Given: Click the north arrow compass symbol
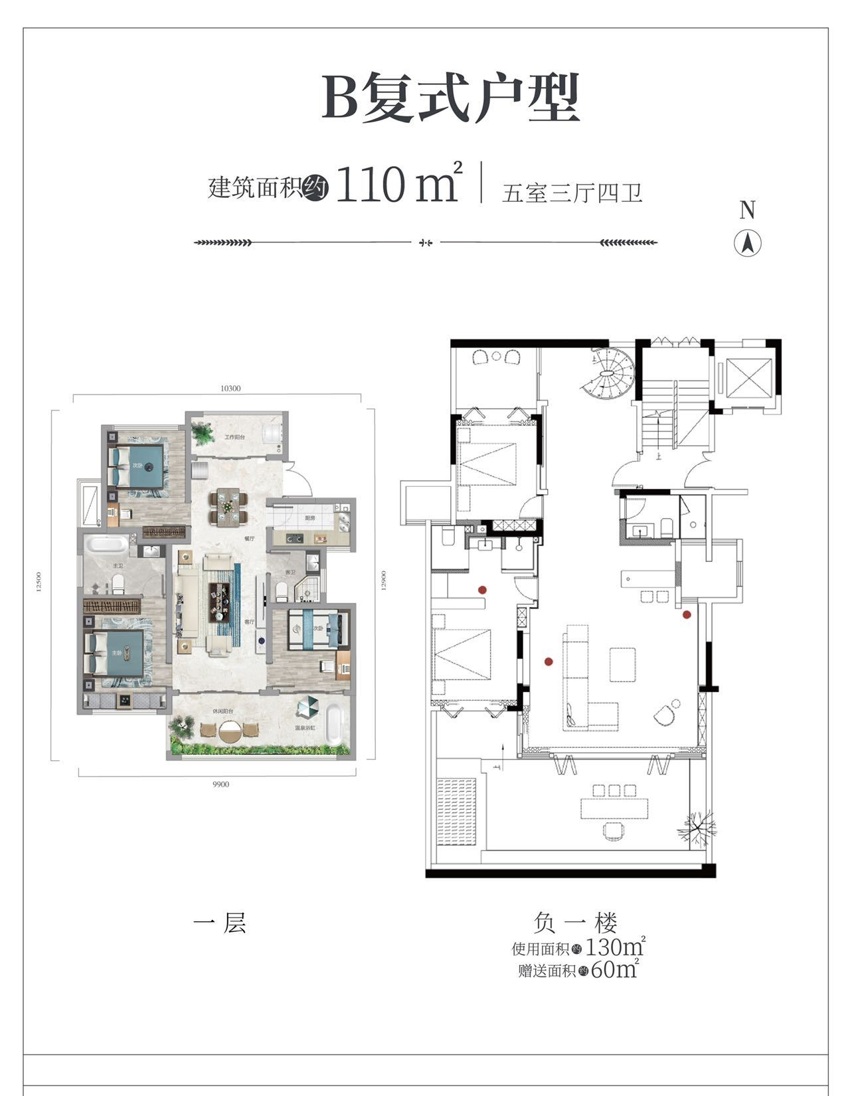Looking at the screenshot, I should pyautogui.click(x=747, y=244).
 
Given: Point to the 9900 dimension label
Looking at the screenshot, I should pyautogui.click(x=220, y=784).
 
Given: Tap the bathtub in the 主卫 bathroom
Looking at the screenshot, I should pyautogui.click(x=106, y=546).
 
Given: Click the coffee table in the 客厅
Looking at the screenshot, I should pyautogui.click(x=220, y=602).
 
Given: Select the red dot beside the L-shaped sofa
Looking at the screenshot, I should pyautogui.click(x=549, y=661).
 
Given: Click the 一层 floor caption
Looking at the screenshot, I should pyautogui.click(x=220, y=923).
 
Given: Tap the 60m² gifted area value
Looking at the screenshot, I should pyautogui.click(x=614, y=969).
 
